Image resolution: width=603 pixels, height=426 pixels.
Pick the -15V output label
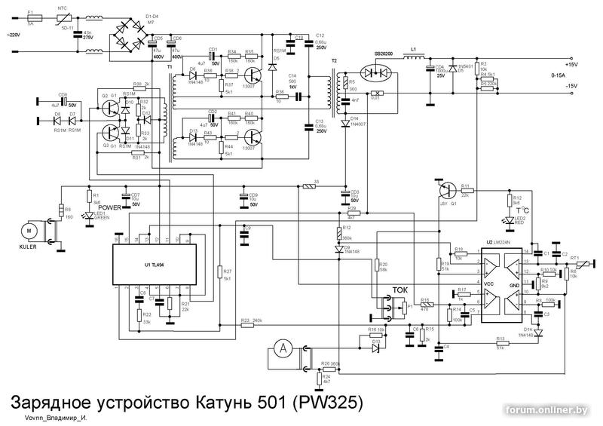tap(577, 87)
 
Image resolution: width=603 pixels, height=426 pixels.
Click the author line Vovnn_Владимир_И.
tap(55, 417)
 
